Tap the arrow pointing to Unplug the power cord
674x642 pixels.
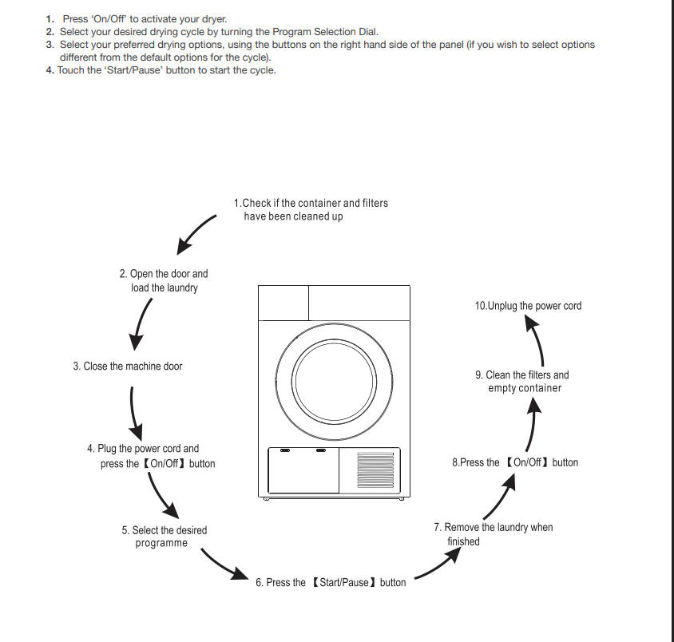537,339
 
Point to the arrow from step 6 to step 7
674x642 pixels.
438,565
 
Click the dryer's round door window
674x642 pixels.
334,382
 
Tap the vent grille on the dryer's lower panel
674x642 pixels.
375,470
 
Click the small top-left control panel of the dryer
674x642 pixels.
283,303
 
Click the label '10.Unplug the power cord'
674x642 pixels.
528,306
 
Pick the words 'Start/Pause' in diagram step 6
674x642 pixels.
344,582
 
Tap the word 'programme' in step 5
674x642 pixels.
161,543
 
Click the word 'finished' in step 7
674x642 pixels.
463,541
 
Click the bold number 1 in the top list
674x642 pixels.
50,19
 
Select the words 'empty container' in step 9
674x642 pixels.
525,388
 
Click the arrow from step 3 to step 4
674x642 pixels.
133,413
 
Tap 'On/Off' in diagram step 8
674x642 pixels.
527,462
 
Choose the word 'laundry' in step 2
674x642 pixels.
182,287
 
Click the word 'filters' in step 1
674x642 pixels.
375,203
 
